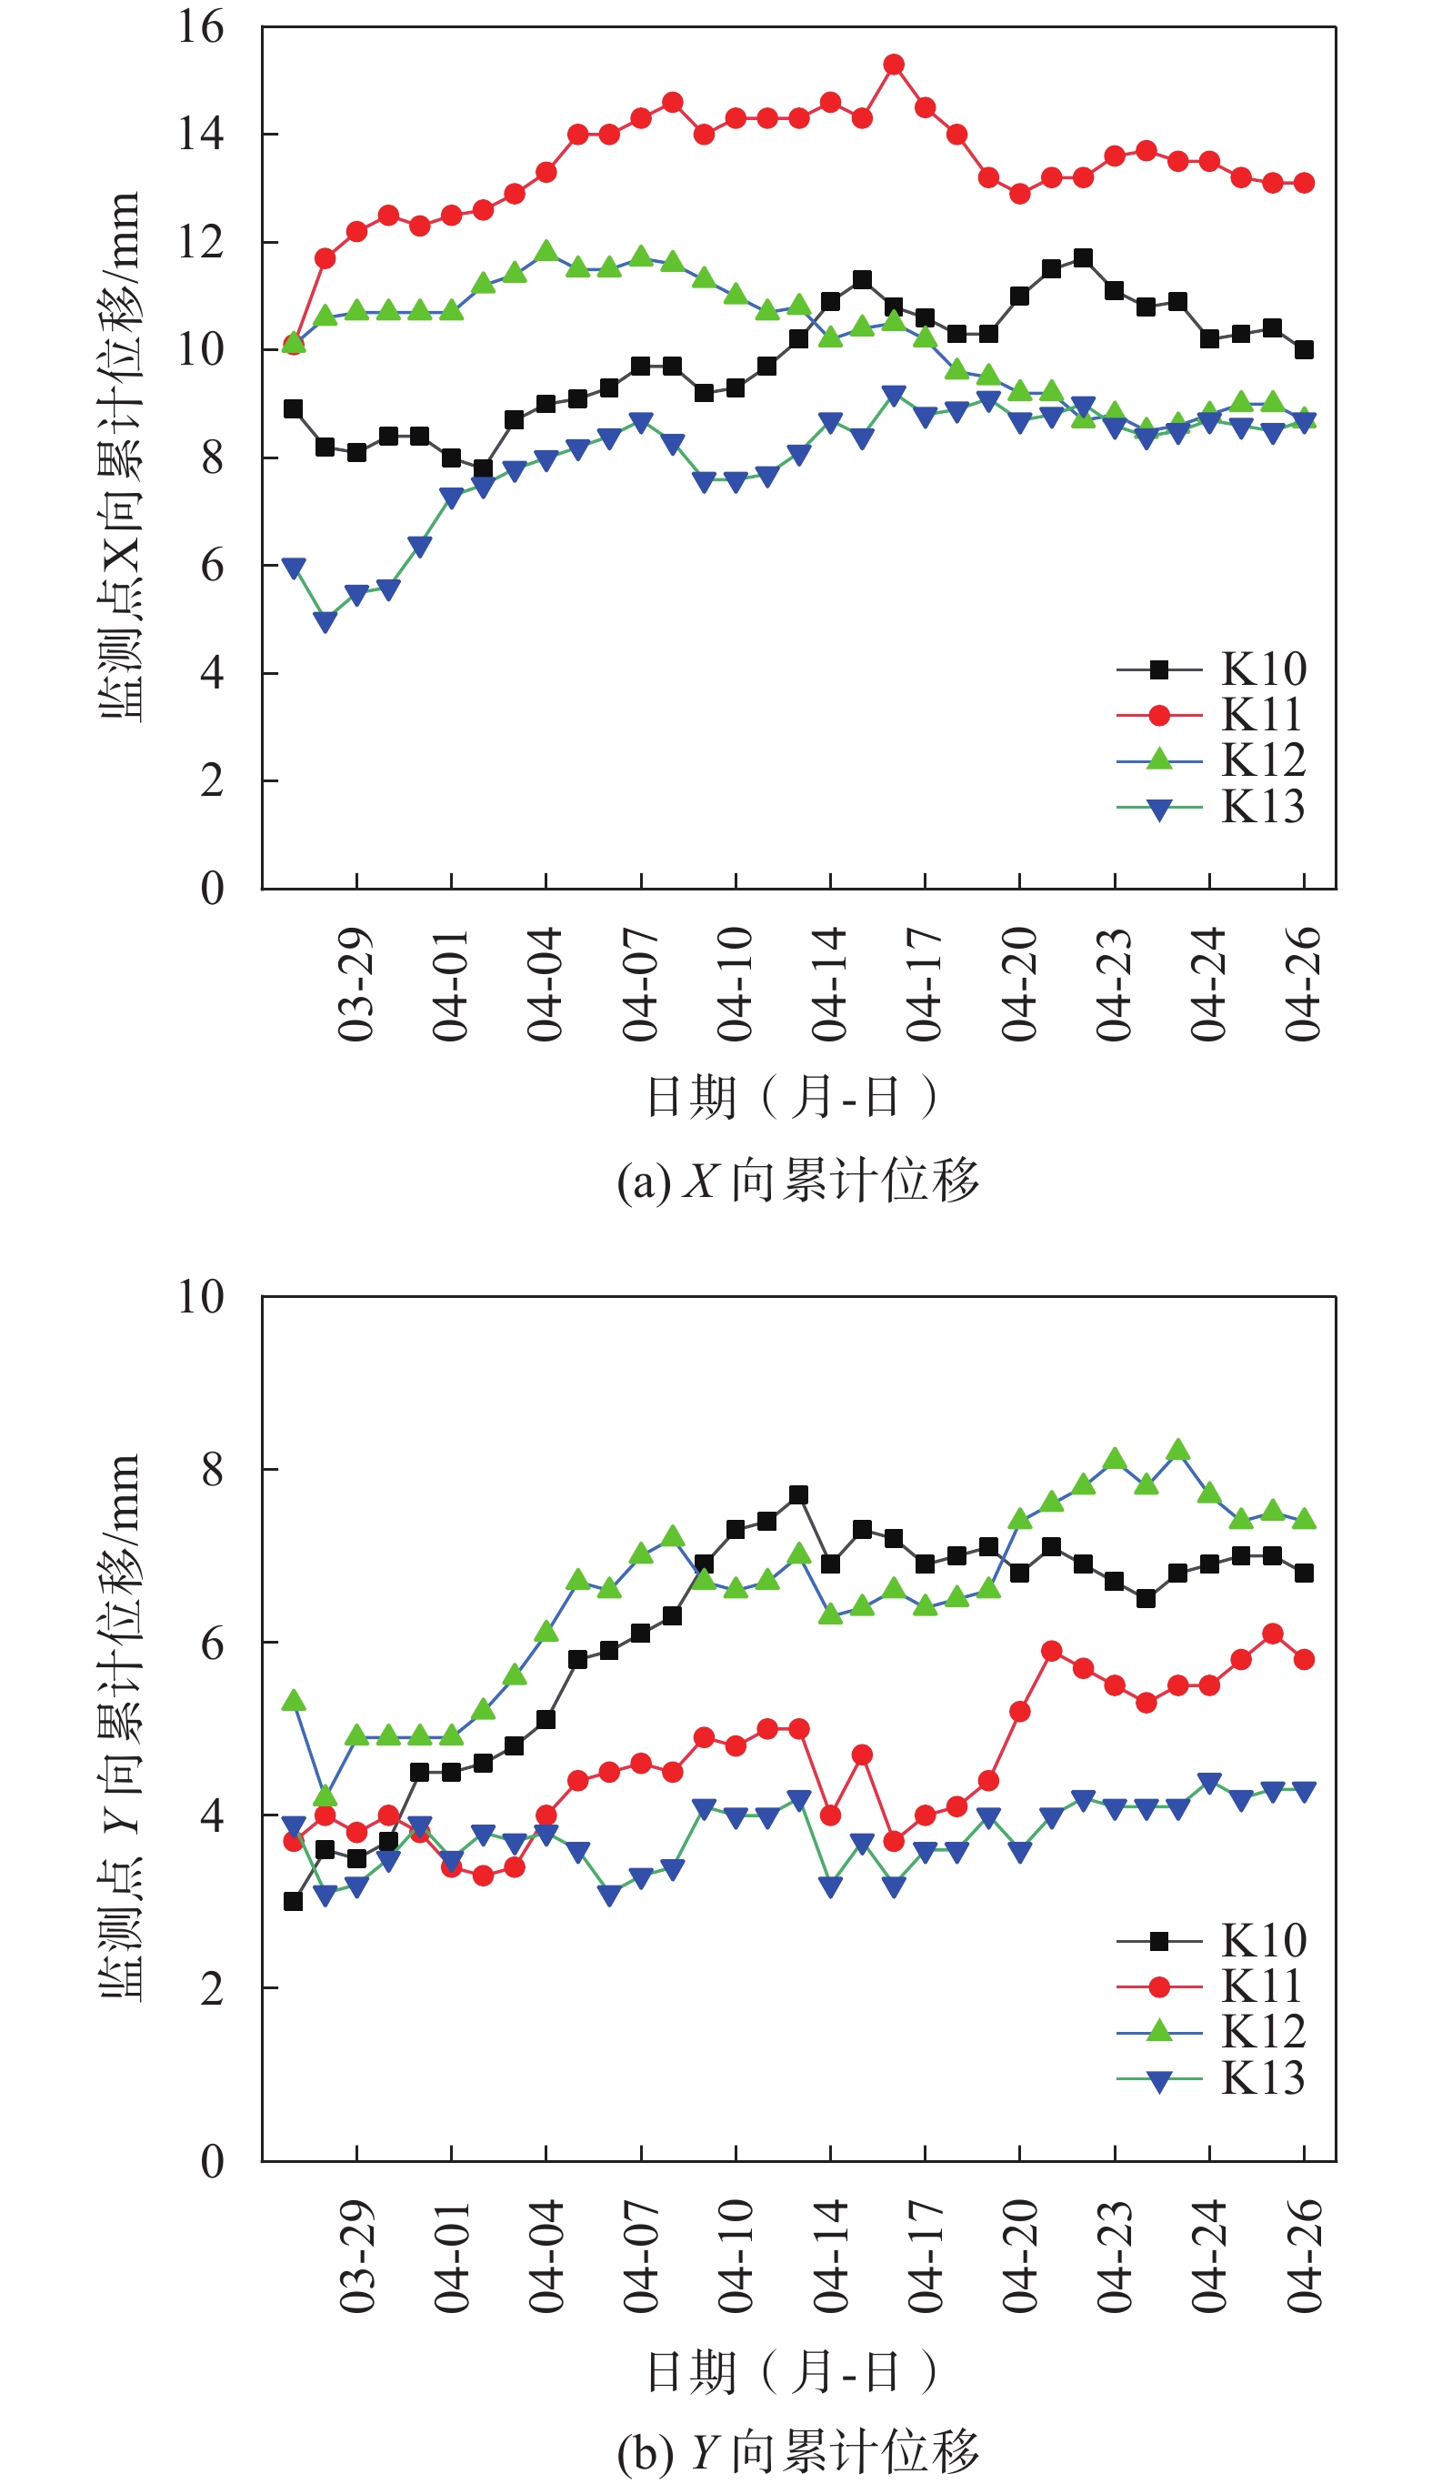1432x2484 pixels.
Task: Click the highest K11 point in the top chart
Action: pyautogui.click(x=893, y=65)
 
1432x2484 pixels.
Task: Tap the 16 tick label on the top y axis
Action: pyautogui.click(x=201, y=27)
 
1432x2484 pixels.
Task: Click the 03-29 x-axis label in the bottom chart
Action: pyautogui.click(x=356, y=2255)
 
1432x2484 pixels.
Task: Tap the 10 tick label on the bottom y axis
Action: pyautogui.click(x=201, y=1297)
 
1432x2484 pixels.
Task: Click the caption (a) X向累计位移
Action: pyautogui.click(x=797, y=1180)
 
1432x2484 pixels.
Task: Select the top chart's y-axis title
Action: pyautogui.click(x=120, y=458)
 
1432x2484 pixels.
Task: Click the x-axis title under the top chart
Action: pyautogui.click(x=792, y=1097)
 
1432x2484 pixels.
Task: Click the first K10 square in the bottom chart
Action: pyautogui.click(x=293, y=1902)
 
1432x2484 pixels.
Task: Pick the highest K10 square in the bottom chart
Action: pyautogui.click(x=798, y=1495)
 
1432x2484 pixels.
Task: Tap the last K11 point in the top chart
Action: pyautogui.click(x=1304, y=183)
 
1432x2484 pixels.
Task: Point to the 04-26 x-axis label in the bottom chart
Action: pyautogui.click(x=1304, y=2255)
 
